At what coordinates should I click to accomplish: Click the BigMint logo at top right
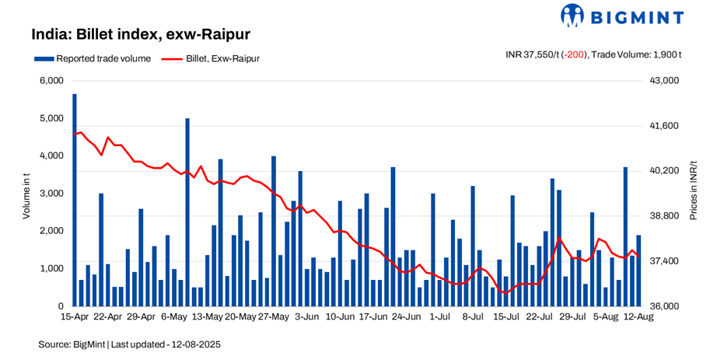click(x=622, y=16)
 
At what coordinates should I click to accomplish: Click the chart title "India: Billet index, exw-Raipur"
click(x=140, y=35)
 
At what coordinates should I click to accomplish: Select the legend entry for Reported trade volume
click(x=93, y=58)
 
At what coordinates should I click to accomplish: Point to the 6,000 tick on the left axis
click(x=51, y=81)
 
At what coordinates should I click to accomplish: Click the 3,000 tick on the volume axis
click(x=51, y=194)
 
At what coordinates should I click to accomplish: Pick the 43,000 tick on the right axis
click(x=663, y=81)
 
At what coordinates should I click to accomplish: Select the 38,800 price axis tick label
click(x=663, y=216)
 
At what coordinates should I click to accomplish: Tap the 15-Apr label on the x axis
click(x=74, y=317)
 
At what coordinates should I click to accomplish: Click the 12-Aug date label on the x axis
click(x=639, y=317)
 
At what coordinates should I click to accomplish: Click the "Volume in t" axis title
click(x=26, y=194)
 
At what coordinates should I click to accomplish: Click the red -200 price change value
click(x=576, y=54)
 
